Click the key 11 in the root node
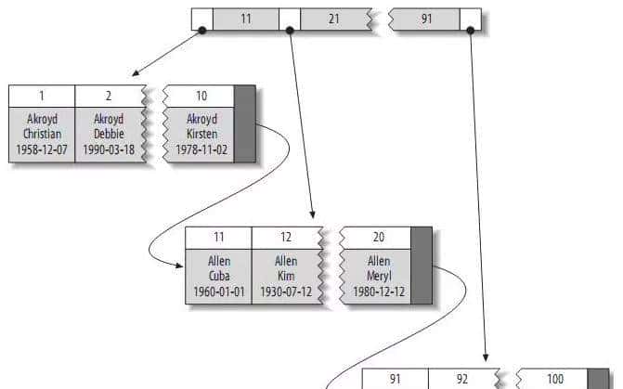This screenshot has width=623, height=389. pos(245,19)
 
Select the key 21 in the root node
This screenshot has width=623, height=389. pos(333,19)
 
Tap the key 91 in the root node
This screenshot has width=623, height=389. pos(426,19)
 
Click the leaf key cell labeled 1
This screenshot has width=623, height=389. pos(42,97)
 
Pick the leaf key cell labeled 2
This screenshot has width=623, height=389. pos(109,97)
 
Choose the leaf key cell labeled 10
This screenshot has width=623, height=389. pos(201,97)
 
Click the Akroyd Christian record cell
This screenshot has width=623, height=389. pos(42,135)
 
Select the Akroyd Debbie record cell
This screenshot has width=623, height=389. pos(109,135)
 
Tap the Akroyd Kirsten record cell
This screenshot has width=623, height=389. pos(201,135)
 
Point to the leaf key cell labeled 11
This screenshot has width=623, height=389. pos(218,238)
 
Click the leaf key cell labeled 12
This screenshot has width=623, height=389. pos(285,238)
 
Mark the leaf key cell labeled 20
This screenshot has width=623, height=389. pos(377,238)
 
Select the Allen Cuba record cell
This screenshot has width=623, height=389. pos(218,276)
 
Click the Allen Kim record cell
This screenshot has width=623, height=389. pos(285,276)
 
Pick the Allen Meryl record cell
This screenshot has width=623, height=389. pos(377,276)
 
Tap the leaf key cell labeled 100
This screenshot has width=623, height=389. pos(553,379)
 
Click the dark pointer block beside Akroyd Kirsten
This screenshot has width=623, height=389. pos(245,124)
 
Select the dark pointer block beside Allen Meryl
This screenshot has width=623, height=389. pos(422,266)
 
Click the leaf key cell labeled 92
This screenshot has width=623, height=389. pos(461,379)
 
